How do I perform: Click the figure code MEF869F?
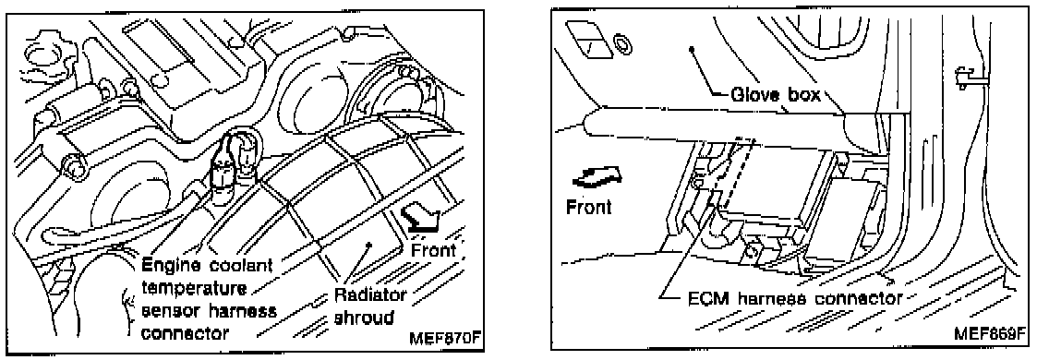[x=990, y=333]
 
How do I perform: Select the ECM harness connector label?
[x=795, y=298]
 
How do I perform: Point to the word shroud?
[x=363, y=318]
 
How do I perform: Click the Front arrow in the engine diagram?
[x=421, y=219]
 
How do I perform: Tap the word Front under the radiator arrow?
[x=433, y=251]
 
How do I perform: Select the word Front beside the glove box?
[x=589, y=207]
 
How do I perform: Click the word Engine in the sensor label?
[x=166, y=267]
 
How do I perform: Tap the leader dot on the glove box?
[x=693, y=49]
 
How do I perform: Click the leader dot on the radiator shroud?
[x=369, y=246]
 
